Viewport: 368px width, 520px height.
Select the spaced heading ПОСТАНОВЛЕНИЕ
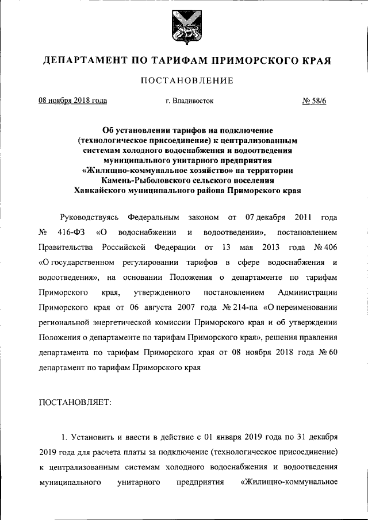(x=187, y=80)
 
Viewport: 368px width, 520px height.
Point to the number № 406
(x=324, y=248)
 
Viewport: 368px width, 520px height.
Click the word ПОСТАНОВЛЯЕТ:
(x=74, y=402)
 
